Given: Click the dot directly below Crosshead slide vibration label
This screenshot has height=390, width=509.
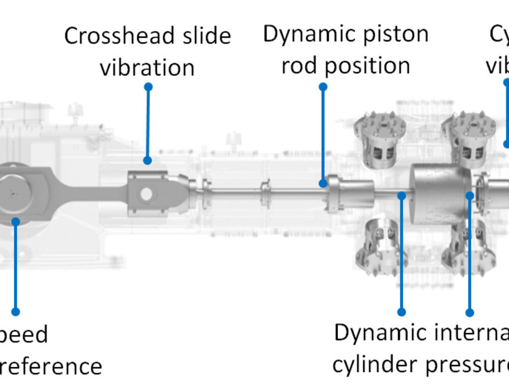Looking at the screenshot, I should click(x=148, y=87).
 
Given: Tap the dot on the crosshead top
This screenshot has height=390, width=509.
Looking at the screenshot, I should click(x=147, y=160).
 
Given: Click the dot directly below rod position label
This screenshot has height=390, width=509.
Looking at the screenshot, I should click(x=323, y=87).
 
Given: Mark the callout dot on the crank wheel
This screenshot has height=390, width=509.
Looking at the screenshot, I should click(x=16, y=221).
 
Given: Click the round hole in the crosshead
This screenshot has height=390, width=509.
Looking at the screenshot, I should click(x=146, y=194).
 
